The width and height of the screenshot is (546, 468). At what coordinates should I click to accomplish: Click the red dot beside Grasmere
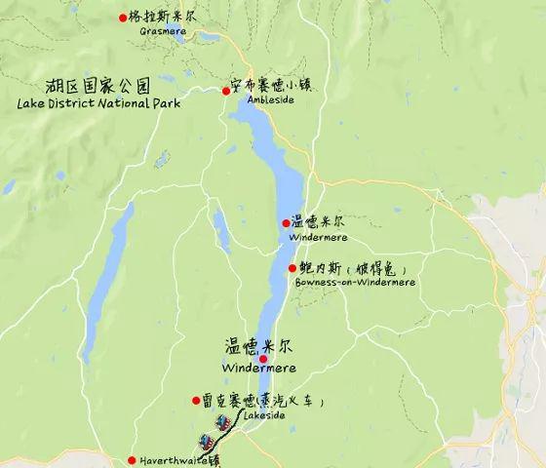123,17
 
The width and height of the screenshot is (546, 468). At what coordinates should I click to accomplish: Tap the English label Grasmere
162,31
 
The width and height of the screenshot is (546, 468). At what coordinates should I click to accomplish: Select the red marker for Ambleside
226,91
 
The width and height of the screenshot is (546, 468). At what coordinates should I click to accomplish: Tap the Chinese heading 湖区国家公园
105,84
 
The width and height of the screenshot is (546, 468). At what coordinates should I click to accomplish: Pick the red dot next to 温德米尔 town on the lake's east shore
286,223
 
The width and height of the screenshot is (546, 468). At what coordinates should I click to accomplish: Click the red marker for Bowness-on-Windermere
292,268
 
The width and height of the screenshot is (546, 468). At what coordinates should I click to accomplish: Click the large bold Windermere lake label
258,368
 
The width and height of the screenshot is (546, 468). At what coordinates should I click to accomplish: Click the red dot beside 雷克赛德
195,400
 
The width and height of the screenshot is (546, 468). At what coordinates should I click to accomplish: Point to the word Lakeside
264,415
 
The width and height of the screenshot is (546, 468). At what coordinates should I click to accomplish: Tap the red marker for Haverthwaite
132,460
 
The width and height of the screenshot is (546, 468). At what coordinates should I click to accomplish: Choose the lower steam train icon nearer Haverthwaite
206,441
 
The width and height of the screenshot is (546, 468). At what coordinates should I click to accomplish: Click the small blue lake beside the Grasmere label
208,37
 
